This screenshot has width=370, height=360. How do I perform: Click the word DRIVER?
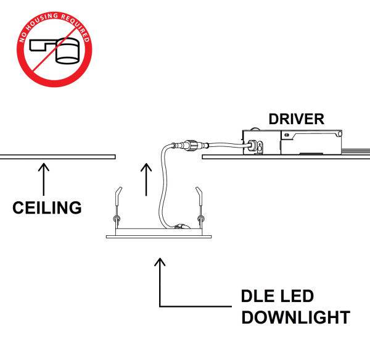pyautogui.click(x=296, y=119)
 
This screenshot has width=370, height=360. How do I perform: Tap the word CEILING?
pyautogui.click(x=47, y=207)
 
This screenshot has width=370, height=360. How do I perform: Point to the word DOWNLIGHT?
pyautogui.click(x=295, y=319)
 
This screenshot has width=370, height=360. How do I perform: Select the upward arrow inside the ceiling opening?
pyautogui.click(x=146, y=178)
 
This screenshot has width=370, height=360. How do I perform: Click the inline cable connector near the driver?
pyautogui.click(x=187, y=146)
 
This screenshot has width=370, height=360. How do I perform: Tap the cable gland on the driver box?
pyautogui.click(x=252, y=146)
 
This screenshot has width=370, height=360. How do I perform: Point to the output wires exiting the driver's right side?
pyautogui.click(x=358, y=150)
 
